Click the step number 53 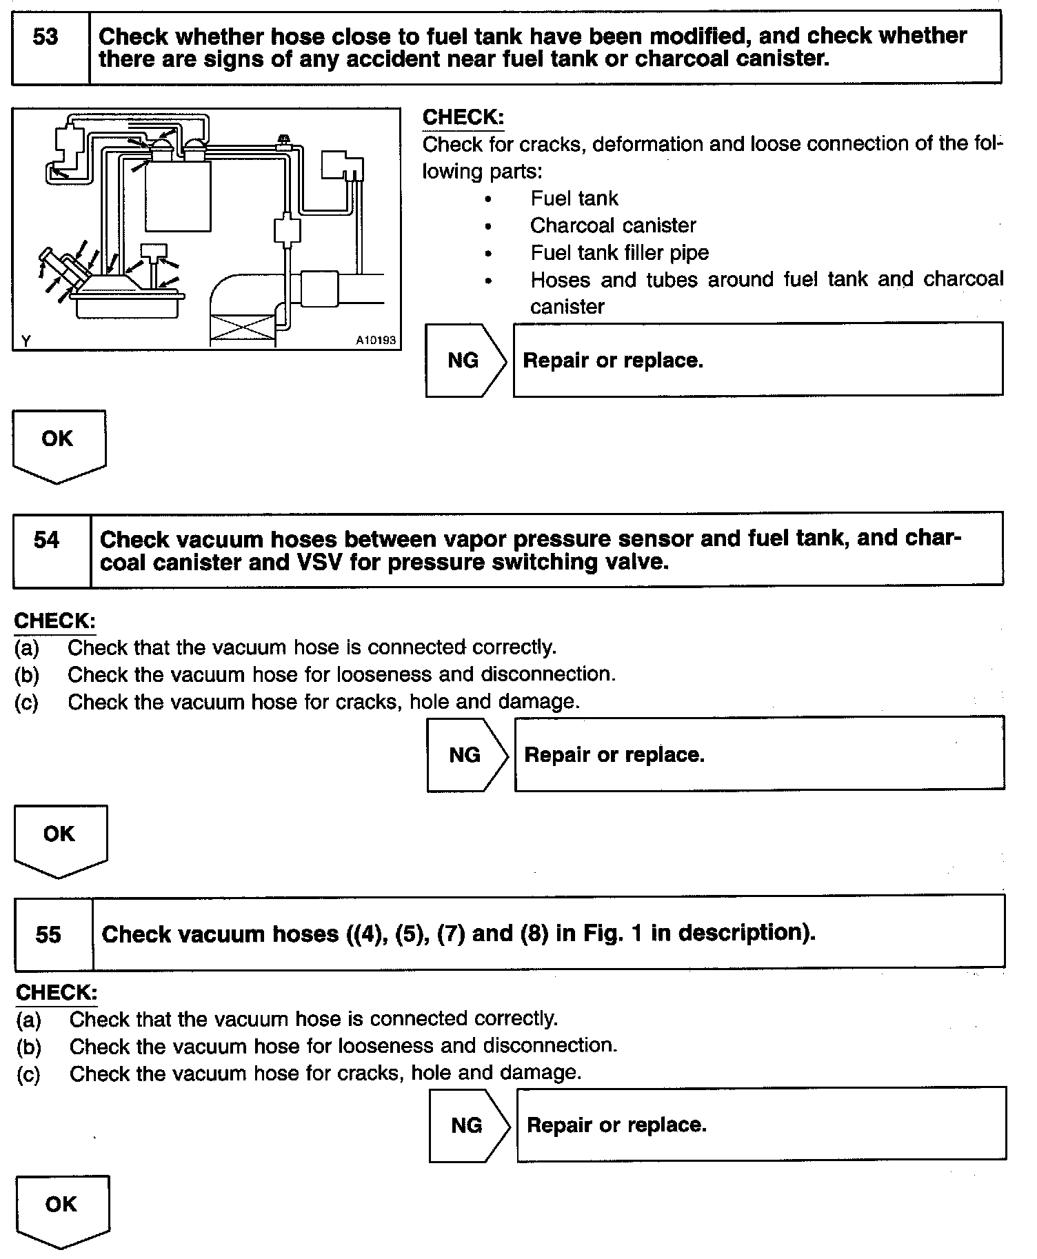click(x=46, y=37)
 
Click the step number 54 click(x=47, y=540)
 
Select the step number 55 click(x=48, y=935)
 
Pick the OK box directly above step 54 click(x=59, y=441)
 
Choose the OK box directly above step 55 click(x=60, y=836)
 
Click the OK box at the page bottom click(x=62, y=1207)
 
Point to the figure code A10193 click(x=376, y=340)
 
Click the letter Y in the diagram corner click(x=26, y=341)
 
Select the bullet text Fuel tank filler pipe click(x=619, y=253)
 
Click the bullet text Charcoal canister click(x=613, y=225)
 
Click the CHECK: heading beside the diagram click(x=463, y=118)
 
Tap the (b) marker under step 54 click(x=27, y=674)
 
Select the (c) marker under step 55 click(x=29, y=1074)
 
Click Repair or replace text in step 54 click(x=614, y=755)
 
